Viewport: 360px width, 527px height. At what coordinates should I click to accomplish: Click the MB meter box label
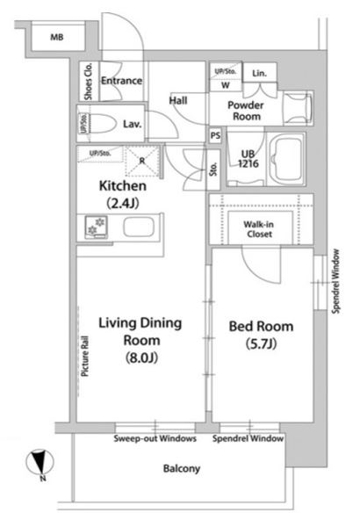[x=57, y=37]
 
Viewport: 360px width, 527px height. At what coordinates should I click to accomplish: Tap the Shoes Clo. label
[x=89, y=81]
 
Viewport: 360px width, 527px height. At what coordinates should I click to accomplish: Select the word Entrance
[x=121, y=81]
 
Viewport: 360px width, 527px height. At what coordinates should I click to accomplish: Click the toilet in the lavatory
[x=101, y=123]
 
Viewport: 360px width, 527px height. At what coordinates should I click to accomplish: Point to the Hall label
[x=178, y=100]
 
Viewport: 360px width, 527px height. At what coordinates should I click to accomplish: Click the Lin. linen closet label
[x=259, y=73]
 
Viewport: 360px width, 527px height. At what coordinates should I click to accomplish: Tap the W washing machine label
[x=226, y=85]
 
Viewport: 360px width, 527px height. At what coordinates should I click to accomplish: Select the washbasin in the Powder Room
[x=298, y=108]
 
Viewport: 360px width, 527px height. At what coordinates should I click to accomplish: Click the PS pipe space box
[x=215, y=135]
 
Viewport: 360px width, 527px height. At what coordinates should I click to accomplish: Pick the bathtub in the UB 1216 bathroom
[x=286, y=159]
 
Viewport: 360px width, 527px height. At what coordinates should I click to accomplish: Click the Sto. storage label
[x=213, y=170]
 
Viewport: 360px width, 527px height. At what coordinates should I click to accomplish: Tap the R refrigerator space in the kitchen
[x=142, y=161]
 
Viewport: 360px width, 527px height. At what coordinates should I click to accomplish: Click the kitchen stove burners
[x=97, y=227]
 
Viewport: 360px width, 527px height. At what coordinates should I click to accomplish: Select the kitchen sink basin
[x=139, y=227]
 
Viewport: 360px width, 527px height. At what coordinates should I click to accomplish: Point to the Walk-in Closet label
[x=258, y=229]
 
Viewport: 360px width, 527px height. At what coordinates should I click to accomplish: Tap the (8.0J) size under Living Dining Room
[x=141, y=357]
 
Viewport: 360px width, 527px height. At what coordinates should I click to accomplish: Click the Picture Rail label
[x=85, y=356]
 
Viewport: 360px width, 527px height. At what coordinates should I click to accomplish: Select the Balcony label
[x=182, y=468]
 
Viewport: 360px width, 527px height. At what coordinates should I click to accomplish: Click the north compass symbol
[x=40, y=462]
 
